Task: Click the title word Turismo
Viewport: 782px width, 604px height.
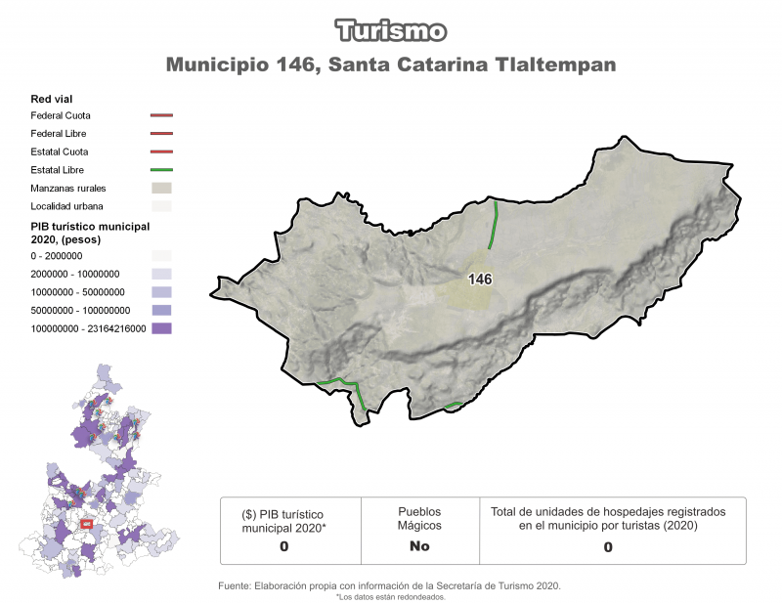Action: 391,30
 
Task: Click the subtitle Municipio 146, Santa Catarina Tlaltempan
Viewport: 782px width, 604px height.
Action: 391,65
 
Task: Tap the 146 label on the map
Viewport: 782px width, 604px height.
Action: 480,280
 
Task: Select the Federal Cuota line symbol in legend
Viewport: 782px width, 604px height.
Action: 162,115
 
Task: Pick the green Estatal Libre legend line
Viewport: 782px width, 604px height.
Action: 162,170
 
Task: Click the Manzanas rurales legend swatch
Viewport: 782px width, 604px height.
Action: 162,188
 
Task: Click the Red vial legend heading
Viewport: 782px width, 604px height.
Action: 52,99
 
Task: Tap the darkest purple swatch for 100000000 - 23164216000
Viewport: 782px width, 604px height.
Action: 162,328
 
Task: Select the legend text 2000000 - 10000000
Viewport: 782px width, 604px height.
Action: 75,274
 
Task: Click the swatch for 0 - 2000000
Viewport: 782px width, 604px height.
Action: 162,255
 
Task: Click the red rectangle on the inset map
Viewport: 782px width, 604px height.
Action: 86,524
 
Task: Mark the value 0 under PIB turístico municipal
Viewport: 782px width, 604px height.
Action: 283,546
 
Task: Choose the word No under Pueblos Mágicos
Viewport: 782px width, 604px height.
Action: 419,546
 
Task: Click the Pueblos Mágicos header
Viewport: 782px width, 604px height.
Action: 419,518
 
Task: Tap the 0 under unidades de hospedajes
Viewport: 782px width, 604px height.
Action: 608,547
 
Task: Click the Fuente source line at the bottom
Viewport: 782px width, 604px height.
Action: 391,585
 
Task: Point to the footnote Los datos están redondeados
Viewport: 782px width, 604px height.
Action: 391,596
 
